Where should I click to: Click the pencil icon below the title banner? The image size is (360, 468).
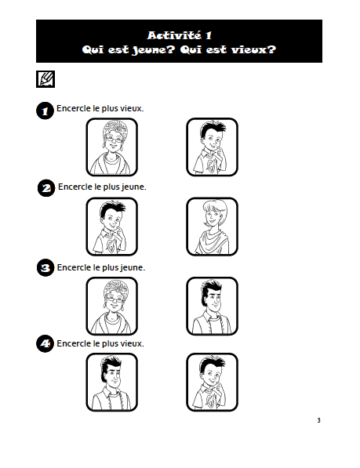click(x=45, y=79)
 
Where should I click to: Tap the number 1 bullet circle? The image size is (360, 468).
click(x=45, y=111)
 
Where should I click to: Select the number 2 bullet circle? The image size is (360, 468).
click(x=46, y=188)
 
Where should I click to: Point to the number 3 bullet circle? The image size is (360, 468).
click(x=45, y=267)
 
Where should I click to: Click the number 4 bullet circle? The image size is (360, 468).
click(x=45, y=343)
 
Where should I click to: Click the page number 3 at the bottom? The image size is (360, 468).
click(x=318, y=420)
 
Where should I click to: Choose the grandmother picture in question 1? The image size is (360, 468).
click(x=112, y=147)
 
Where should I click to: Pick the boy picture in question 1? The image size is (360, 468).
click(x=213, y=147)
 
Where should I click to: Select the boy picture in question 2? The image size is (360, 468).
click(x=112, y=227)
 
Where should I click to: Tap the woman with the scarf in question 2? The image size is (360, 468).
click(x=213, y=227)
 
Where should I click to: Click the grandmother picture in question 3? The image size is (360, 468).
click(x=112, y=306)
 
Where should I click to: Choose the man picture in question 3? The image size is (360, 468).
click(x=213, y=306)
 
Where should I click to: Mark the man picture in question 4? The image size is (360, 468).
click(x=112, y=382)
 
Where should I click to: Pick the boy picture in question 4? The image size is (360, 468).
click(x=213, y=382)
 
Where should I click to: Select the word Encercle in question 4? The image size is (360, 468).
click(x=74, y=343)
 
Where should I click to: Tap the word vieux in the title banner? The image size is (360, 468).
click(x=253, y=49)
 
